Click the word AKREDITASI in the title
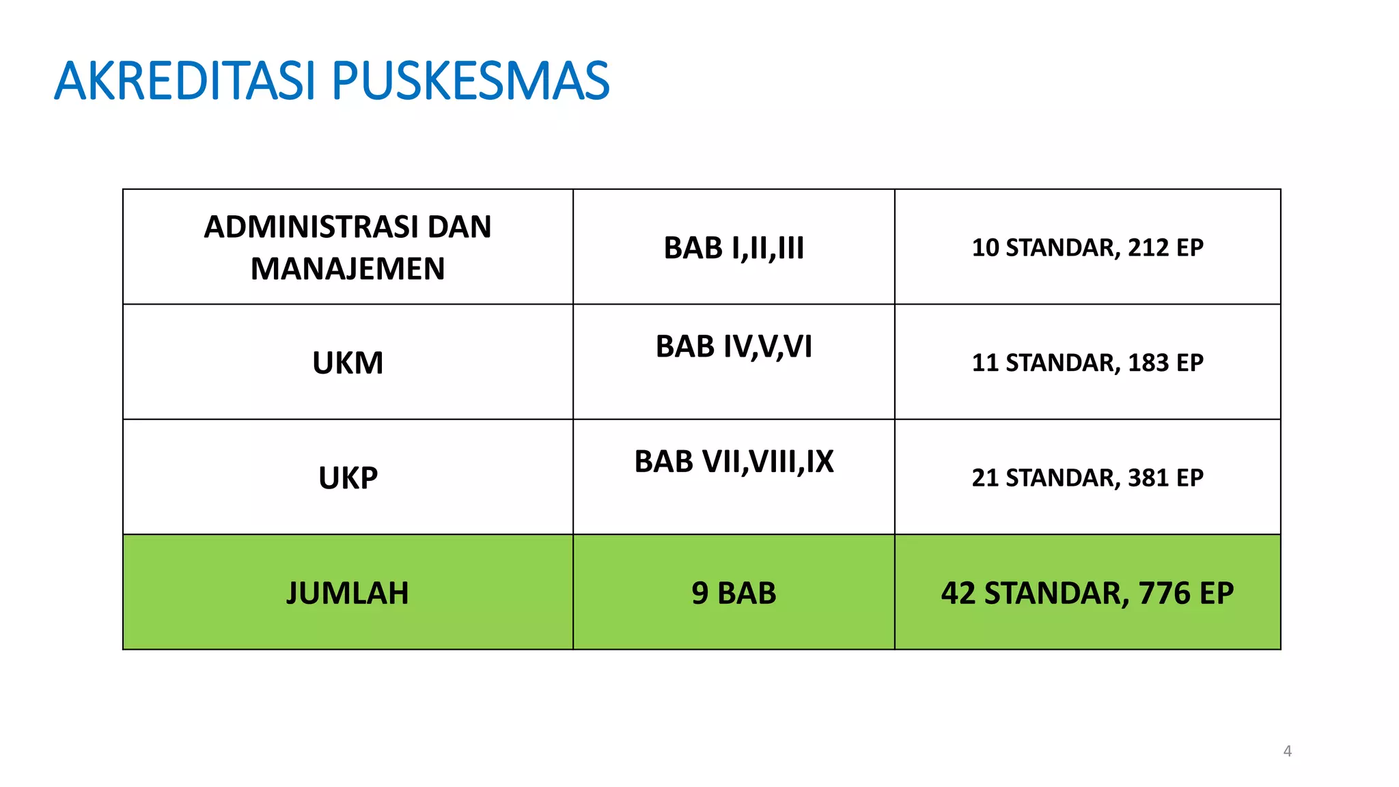coord(184,81)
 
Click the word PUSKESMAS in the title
coord(470,81)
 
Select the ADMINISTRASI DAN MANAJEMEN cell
coord(348,247)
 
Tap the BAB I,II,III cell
coord(734,248)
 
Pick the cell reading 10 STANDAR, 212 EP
coord(1088,247)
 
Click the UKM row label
coord(348,363)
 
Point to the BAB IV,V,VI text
coord(734,346)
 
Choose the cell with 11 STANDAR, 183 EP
coord(1088,363)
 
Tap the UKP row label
coord(348,478)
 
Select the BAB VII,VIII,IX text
coord(734,462)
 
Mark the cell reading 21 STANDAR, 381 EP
coord(1088,478)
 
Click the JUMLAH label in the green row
coord(348,593)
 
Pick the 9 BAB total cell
coord(734,593)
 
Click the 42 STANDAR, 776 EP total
coord(1088,593)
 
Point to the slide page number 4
coord(1288,751)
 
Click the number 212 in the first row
coord(1148,247)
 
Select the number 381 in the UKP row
coord(1148,478)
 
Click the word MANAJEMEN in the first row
coord(348,268)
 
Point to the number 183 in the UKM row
coord(1148,363)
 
